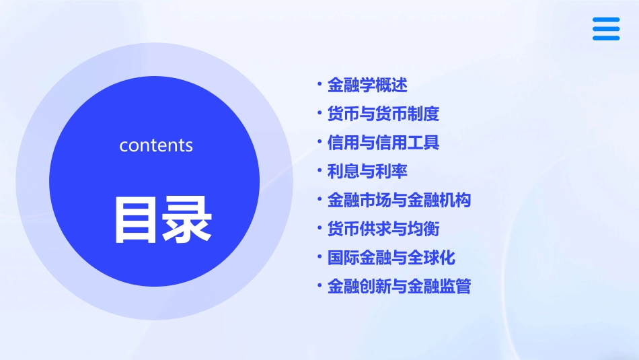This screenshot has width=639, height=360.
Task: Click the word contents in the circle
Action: [156, 145]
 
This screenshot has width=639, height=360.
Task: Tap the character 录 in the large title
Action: [186, 219]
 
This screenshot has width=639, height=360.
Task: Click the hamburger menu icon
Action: [605, 29]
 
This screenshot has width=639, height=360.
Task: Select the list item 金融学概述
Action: [367, 85]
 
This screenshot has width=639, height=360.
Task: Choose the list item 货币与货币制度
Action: [383, 114]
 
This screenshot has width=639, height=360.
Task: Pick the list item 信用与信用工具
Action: [383, 143]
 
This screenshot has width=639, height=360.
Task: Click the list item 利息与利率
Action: [367, 172]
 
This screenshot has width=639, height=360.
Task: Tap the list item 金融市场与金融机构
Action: [399, 201]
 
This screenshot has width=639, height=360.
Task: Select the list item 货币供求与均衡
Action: [383, 229]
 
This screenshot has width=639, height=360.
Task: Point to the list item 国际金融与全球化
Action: [391, 258]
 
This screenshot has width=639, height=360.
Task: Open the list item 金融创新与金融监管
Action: [399, 287]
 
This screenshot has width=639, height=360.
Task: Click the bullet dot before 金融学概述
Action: [319, 85]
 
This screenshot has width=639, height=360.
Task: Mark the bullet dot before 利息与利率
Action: [319, 171]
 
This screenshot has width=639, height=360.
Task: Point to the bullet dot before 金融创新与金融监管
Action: [319, 286]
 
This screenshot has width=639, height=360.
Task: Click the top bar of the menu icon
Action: [605, 20]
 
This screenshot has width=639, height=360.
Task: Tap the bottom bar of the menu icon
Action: [605, 38]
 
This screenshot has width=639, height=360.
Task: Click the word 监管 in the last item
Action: [455, 287]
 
